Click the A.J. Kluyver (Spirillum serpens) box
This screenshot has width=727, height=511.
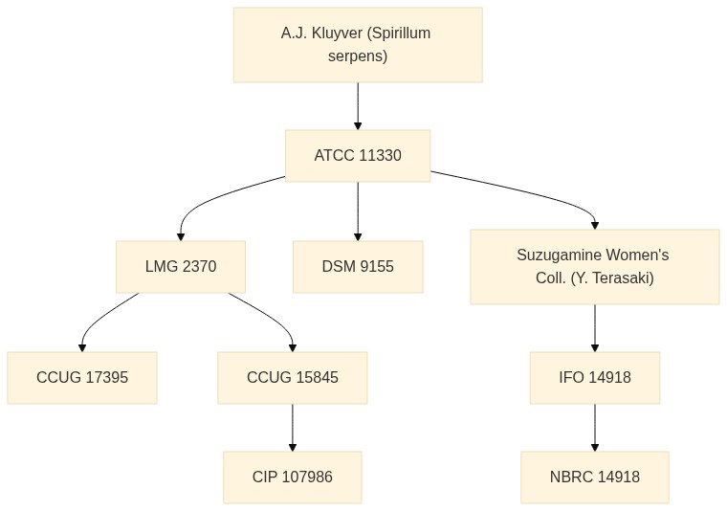click(358, 45)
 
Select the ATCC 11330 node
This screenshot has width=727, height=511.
click(358, 156)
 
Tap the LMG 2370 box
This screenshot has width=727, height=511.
click(181, 267)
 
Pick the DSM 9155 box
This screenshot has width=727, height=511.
click(358, 267)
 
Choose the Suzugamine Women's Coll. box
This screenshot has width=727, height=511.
click(595, 267)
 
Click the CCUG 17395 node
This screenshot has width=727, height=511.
click(82, 377)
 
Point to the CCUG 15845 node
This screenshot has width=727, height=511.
click(293, 377)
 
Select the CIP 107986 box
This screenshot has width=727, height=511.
click(293, 478)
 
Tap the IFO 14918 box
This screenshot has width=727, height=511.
click(595, 377)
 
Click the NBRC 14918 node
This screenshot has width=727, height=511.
click(595, 478)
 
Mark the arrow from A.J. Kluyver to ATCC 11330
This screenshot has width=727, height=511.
click(358, 106)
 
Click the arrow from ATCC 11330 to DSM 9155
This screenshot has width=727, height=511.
click(358, 211)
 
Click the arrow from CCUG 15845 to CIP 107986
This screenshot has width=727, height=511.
click(293, 428)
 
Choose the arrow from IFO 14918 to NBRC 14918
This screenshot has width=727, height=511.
click(595, 428)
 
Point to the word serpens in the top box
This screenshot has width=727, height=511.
click(358, 56)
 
